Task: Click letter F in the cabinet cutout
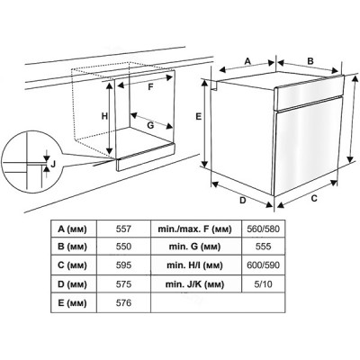[x=151, y=87]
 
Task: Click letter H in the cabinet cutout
[x=105, y=117]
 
